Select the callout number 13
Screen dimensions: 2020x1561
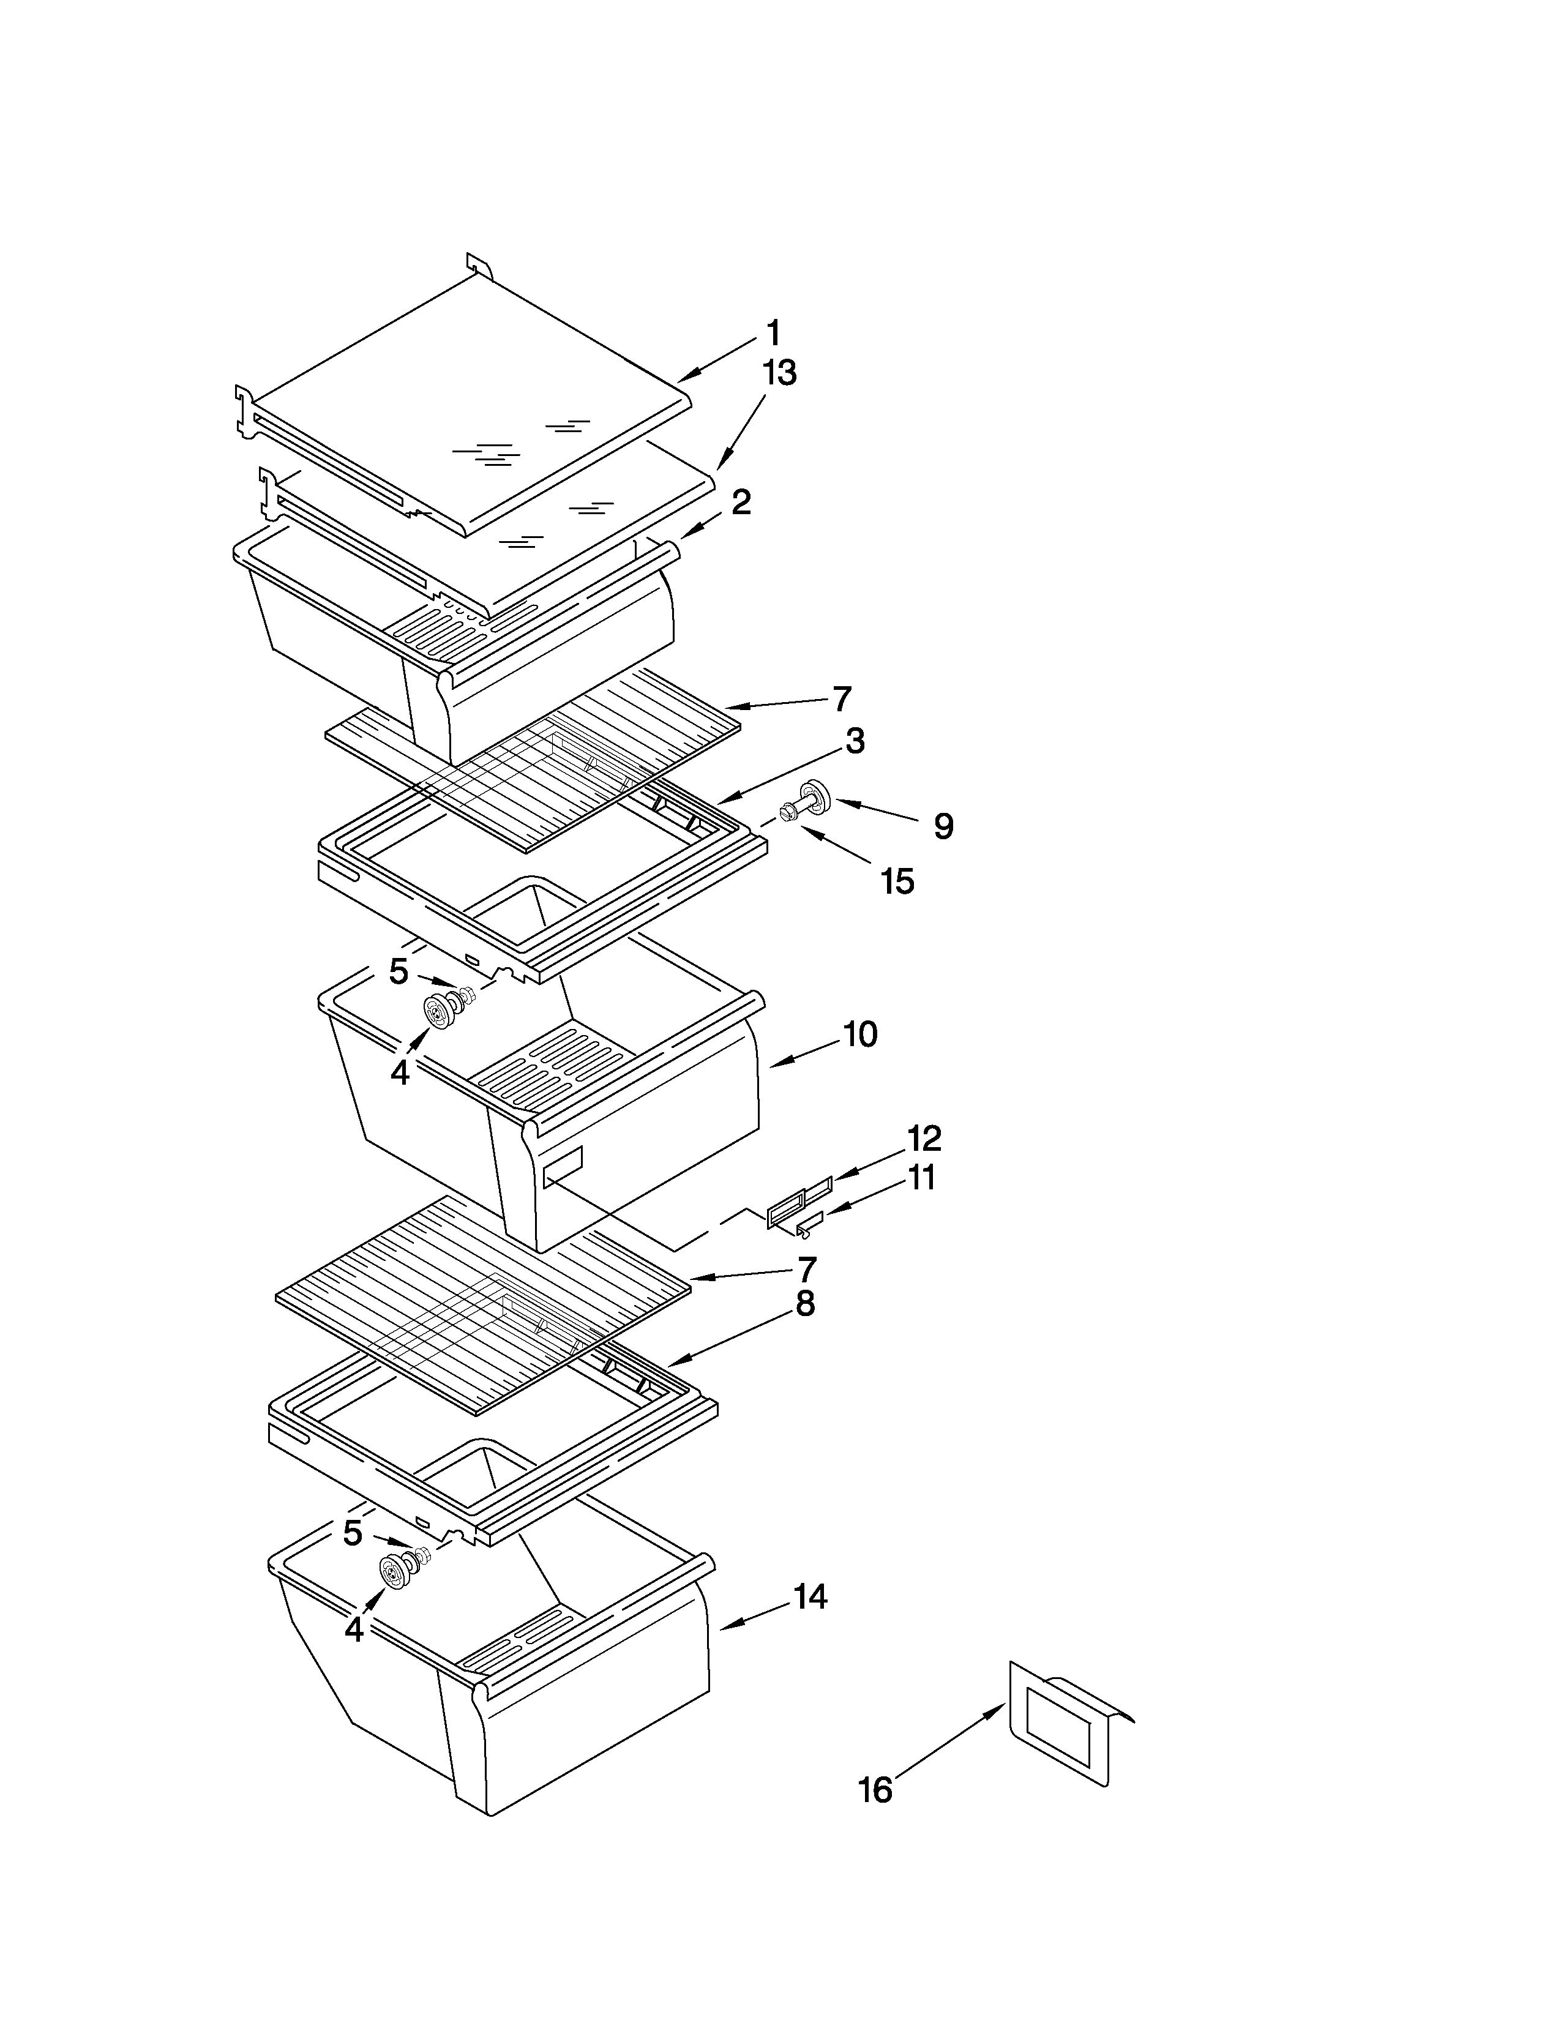(x=779, y=373)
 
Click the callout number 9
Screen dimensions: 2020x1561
(x=942, y=826)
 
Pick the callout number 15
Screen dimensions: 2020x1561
(x=897, y=881)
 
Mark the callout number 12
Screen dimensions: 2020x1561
(x=924, y=1139)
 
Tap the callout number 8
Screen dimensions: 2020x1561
(x=804, y=1304)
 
